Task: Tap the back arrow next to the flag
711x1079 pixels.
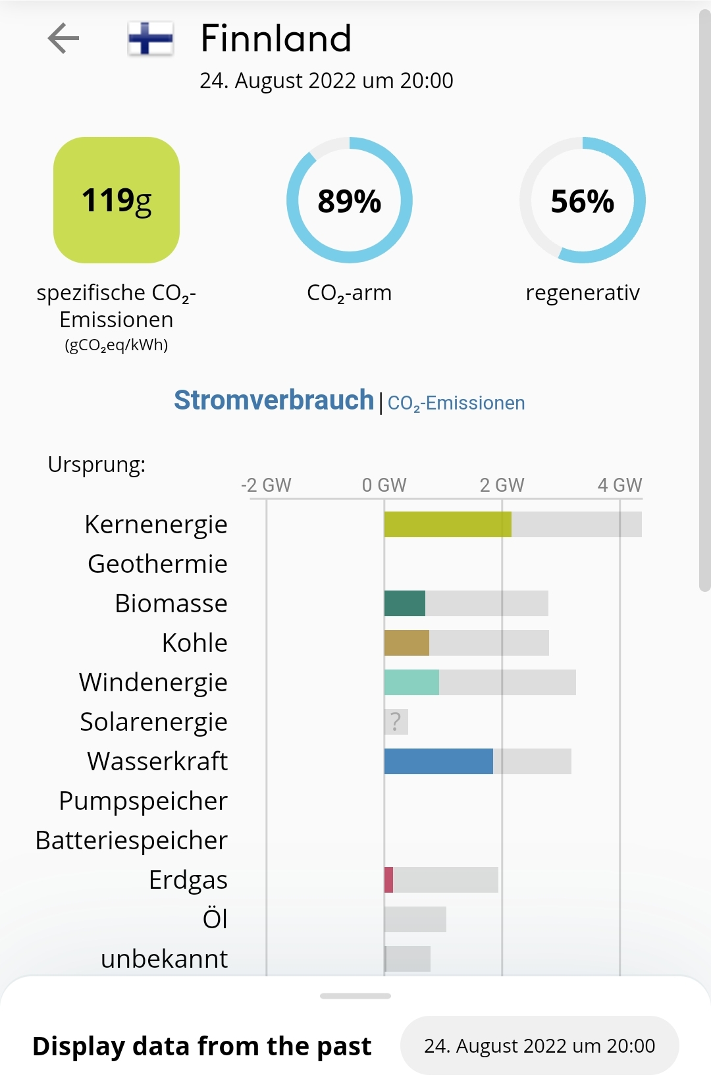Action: [63, 38]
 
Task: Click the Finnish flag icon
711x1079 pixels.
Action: [151, 38]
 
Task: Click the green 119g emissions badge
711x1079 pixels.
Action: [117, 200]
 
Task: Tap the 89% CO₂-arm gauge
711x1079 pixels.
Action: [349, 200]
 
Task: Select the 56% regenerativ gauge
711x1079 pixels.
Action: [582, 200]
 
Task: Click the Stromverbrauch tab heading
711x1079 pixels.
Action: [273, 400]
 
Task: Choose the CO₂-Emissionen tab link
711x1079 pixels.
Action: [456, 403]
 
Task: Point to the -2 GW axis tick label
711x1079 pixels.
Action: [265, 485]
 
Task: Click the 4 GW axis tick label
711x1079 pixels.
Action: [619, 485]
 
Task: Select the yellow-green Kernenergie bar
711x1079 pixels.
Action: [448, 525]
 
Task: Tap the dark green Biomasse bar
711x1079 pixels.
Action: [404, 604]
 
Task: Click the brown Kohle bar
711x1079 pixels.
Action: [406, 643]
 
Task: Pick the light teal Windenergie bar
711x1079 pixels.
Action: [411, 683]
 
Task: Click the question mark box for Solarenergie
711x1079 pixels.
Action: [396, 722]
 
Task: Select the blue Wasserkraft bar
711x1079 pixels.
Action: [438, 762]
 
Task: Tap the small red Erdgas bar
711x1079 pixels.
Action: [389, 880]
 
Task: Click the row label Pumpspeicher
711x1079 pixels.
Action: [143, 801]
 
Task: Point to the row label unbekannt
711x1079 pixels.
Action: [164, 959]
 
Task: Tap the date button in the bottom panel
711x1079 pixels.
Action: [539, 1045]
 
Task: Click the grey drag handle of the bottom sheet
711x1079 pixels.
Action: [355, 996]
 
